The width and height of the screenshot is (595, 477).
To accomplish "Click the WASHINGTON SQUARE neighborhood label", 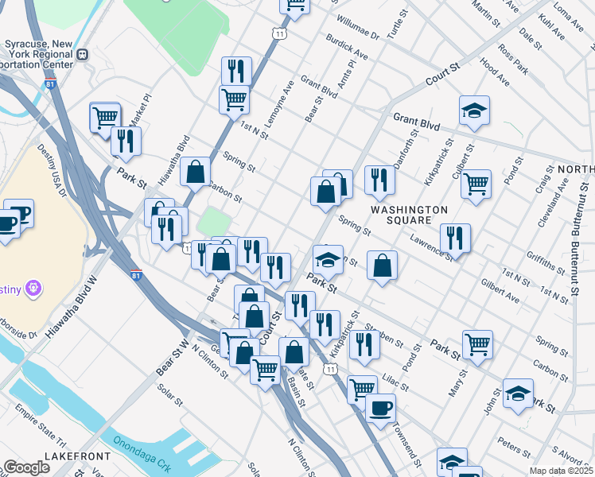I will click(409, 215).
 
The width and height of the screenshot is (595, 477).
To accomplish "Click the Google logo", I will click(26, 467).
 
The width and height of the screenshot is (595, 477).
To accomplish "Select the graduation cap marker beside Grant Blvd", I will click(474, 111).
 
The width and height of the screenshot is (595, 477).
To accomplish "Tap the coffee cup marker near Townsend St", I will click(380, 409).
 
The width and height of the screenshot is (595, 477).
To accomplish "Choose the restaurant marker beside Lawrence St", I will click(455, 237).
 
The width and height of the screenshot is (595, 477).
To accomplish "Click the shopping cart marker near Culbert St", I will click(476, 184).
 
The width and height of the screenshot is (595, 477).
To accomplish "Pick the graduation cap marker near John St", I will click(518, 393).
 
